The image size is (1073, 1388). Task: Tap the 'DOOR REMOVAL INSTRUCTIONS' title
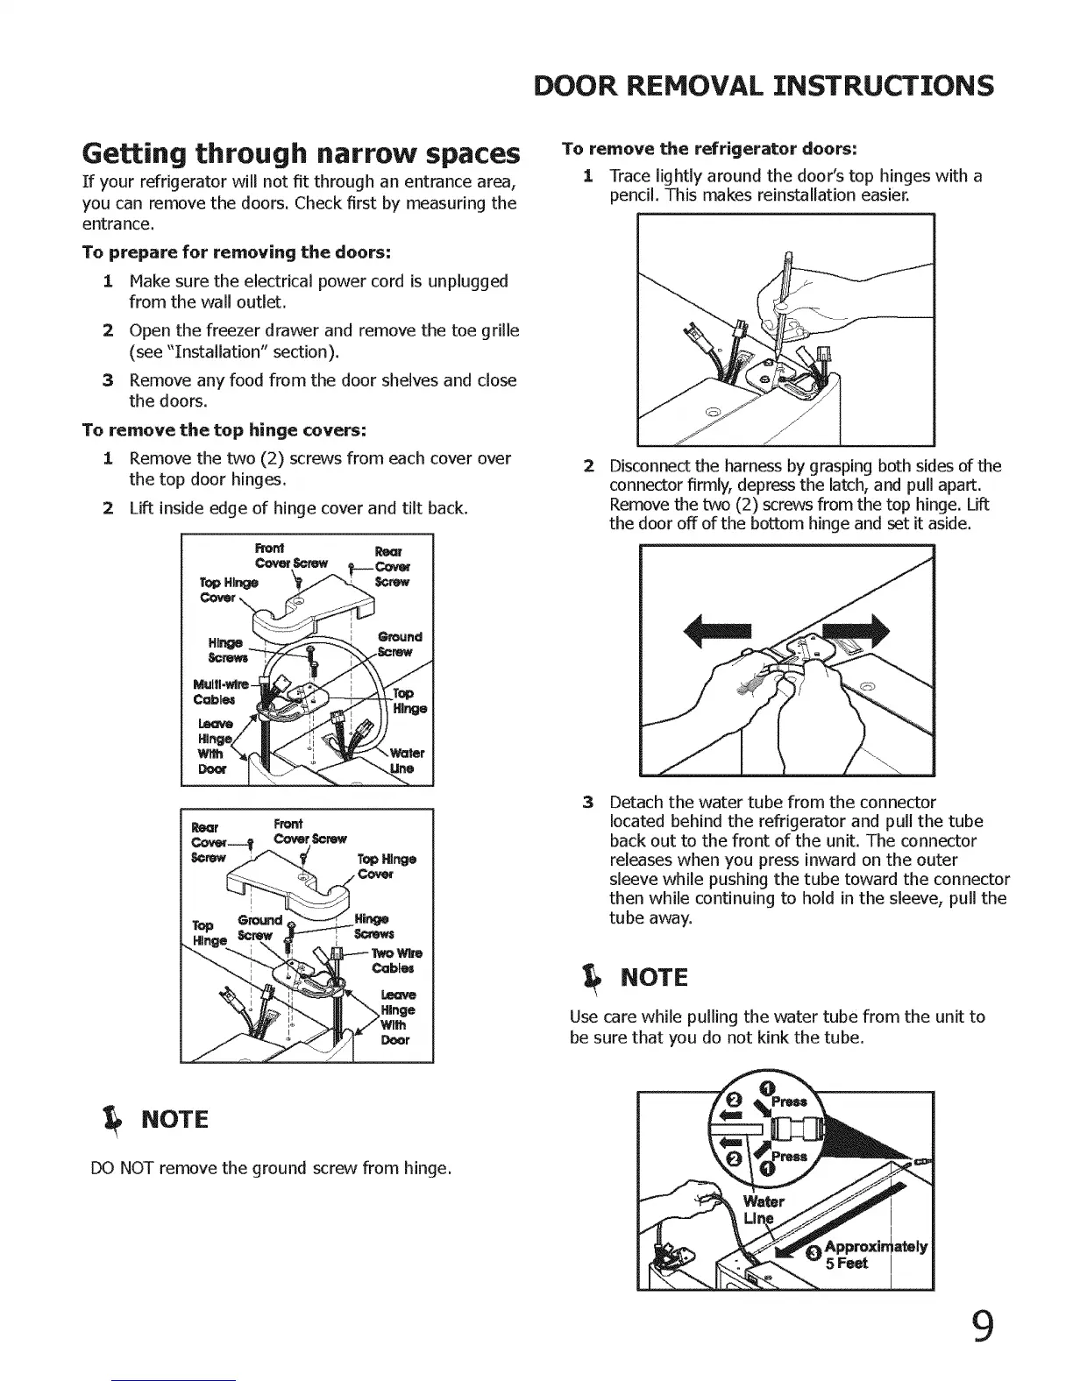click(764, 86)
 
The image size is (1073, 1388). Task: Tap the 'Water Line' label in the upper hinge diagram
click(406, 761)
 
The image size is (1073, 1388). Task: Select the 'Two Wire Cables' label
click(396, 960)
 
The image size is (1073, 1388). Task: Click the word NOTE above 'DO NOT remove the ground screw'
click(175, 1120)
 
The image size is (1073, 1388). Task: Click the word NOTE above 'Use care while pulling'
click(654, 977)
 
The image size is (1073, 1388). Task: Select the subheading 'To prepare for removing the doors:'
click(236, 252)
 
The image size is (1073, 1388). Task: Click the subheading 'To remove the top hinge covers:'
click(224, 430)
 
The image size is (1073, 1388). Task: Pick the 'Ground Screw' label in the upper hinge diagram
click(399, 644)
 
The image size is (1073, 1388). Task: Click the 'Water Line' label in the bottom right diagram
click(760, 1208)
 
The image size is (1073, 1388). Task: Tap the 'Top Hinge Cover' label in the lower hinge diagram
click(386, 866)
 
